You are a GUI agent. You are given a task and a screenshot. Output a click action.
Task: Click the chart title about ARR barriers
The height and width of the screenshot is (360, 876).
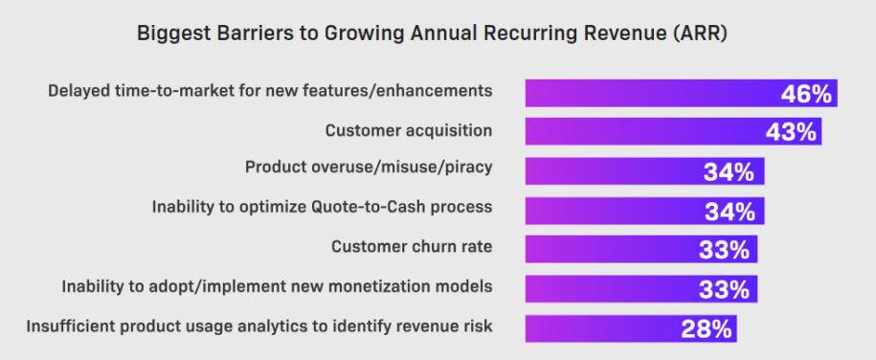point(438,34)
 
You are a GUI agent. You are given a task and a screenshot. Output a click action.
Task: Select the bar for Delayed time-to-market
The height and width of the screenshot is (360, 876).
point(651,93)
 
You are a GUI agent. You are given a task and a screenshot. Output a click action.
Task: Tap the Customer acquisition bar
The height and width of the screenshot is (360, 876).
point(641,131)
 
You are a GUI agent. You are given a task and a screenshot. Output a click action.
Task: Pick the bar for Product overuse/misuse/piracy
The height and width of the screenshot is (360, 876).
point(613,171)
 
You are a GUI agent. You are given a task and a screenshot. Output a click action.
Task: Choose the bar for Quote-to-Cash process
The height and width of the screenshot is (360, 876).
point(613,210)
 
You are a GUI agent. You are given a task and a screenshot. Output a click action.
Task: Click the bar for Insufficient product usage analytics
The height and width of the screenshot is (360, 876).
point(598,328)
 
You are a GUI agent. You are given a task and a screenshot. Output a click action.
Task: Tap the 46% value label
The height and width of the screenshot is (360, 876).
point(805,93)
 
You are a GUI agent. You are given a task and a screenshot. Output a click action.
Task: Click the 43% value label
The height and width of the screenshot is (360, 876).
point(790,132)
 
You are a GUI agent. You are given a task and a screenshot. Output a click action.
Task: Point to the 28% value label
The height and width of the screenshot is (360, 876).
point(707,328)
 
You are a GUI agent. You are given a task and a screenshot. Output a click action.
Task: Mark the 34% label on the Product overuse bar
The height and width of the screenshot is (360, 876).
point(730,171)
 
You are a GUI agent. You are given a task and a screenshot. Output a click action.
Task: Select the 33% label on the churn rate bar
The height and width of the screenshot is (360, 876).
point(725,249)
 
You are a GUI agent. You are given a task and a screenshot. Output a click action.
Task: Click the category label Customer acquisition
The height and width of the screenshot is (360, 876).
point(409,129)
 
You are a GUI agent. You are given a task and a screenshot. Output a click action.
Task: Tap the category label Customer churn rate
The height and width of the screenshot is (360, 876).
point(412,246)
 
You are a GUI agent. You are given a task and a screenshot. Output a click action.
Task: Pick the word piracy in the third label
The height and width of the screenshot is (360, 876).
point(467,169)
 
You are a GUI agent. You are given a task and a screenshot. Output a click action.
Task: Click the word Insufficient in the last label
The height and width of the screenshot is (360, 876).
point(66,326)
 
